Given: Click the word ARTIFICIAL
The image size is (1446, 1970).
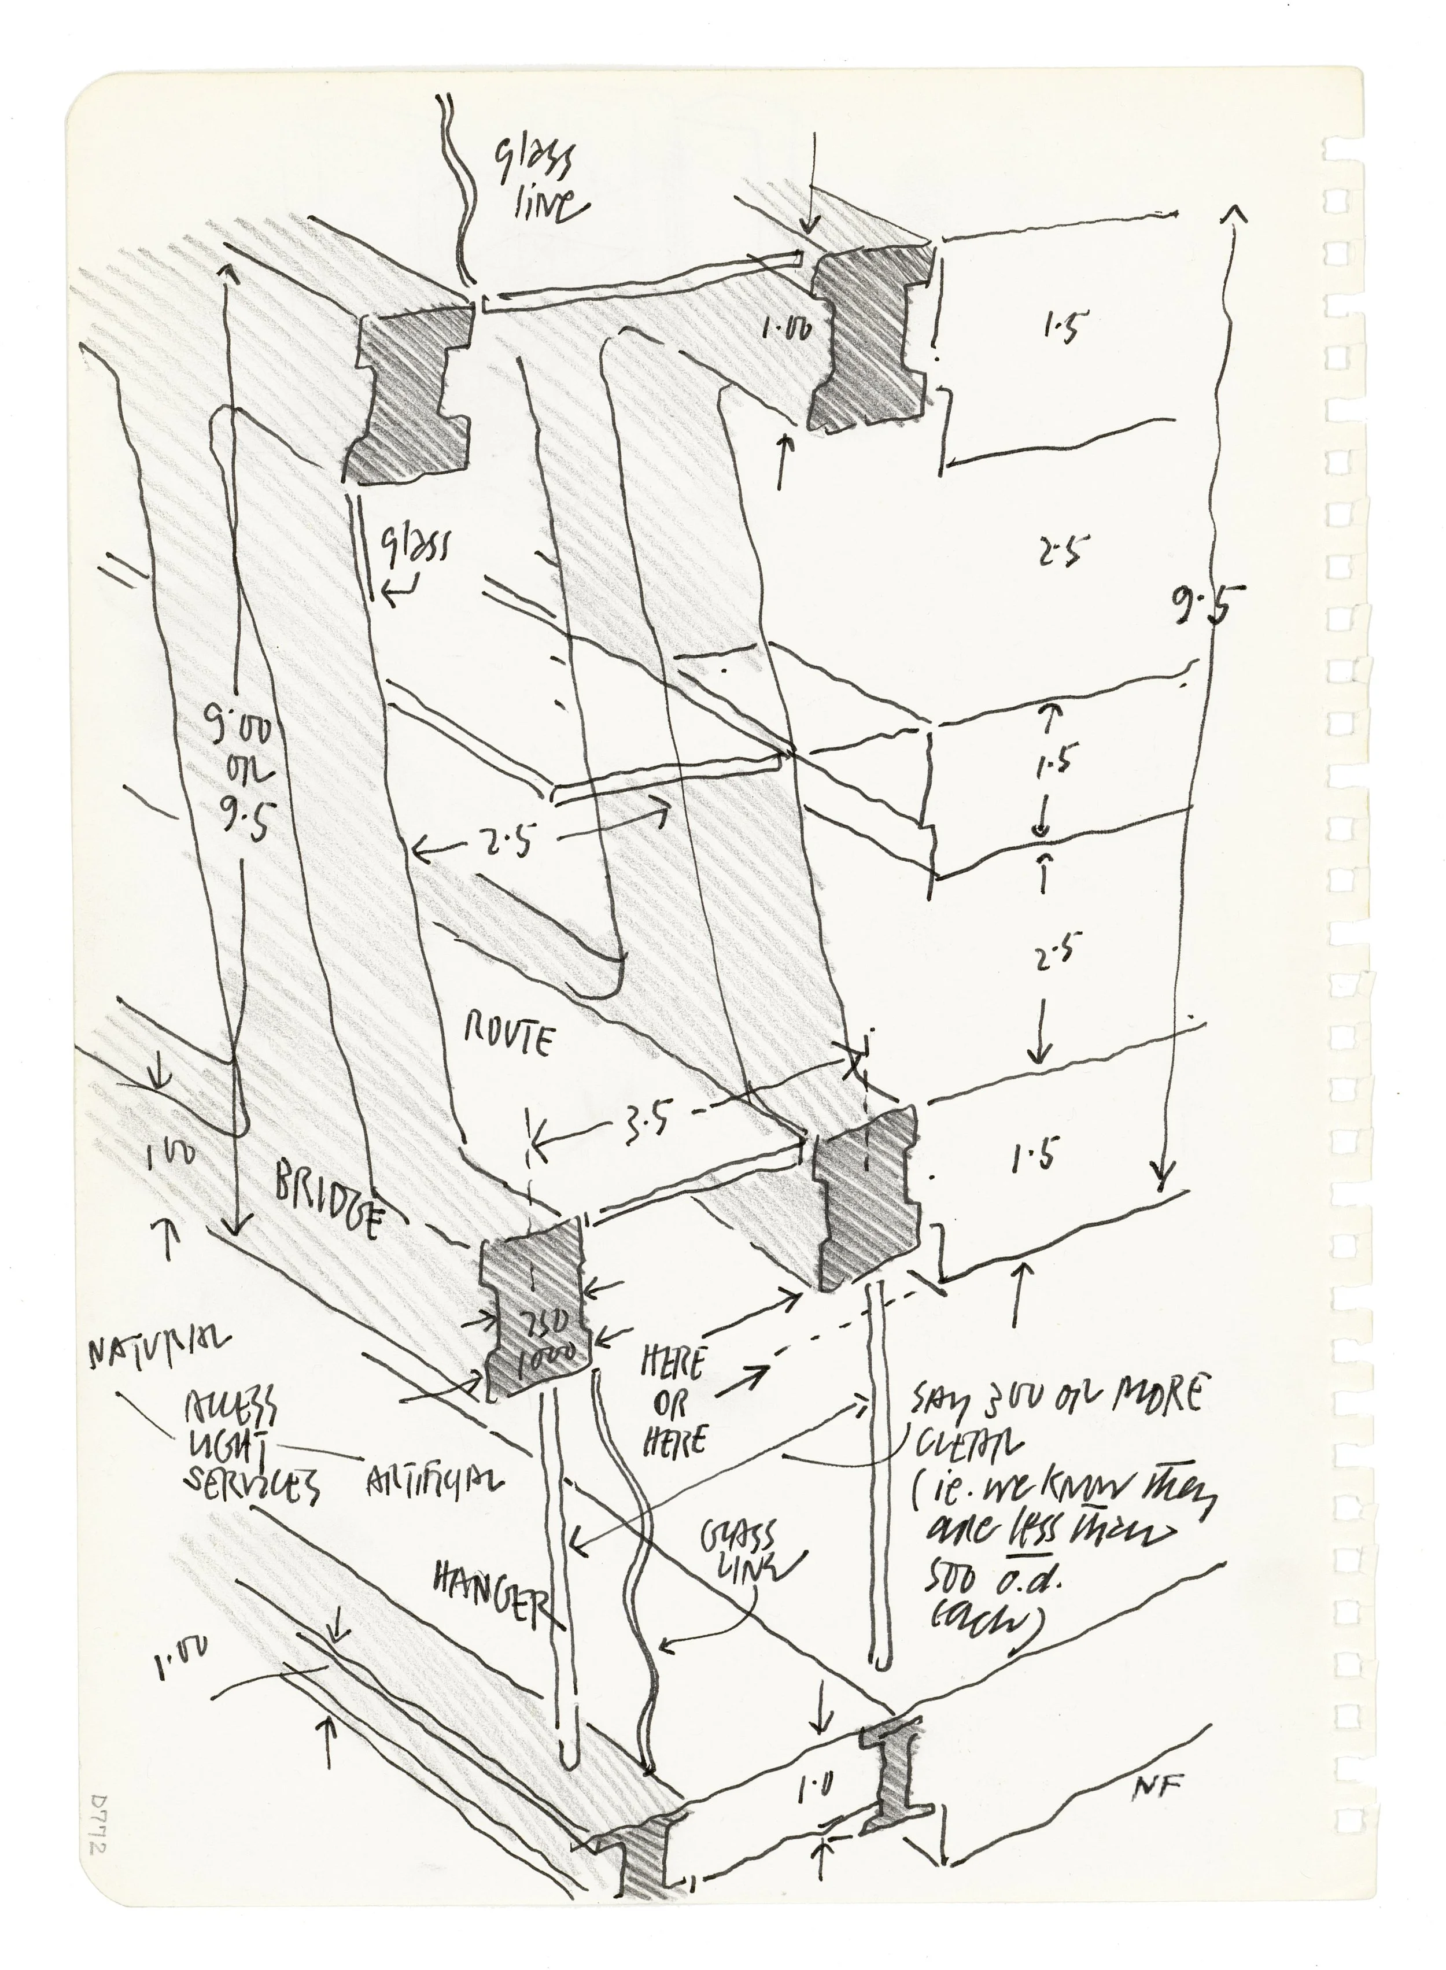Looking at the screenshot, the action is [x=433, y=1478].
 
